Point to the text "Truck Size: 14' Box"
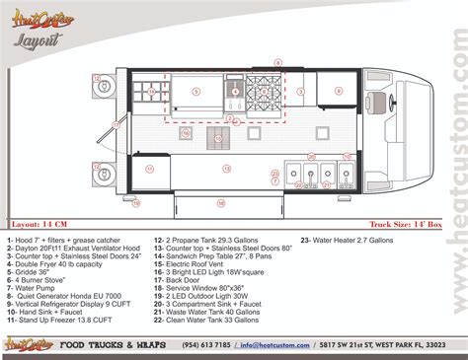(x=407, y=224)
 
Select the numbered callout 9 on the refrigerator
(x=195, y=91)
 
